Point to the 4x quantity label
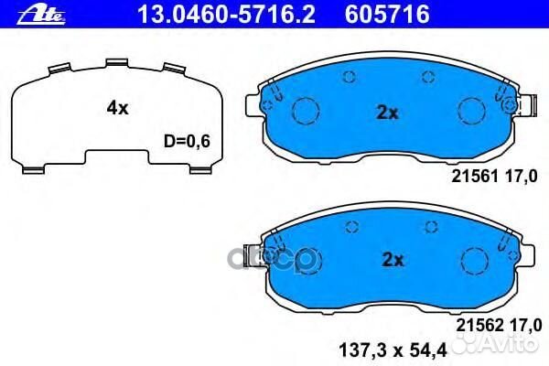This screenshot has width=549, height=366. coord(116,108)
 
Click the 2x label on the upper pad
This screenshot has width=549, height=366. coord(389,113)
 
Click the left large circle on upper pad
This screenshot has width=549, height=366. coord(304,112)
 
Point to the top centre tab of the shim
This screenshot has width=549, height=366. coord(115,63)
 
